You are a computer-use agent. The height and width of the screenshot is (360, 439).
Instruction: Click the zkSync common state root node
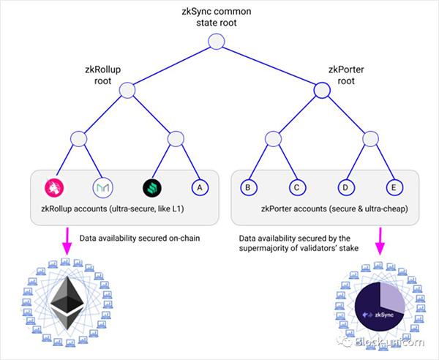[217, 42]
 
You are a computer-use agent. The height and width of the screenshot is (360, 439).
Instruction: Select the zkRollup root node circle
[127, 91]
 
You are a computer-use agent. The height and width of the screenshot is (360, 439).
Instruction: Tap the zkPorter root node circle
[322, 91]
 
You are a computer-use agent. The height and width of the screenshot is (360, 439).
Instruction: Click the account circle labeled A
[200, 187]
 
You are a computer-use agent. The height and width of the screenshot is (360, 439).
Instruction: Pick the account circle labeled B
[248, 187]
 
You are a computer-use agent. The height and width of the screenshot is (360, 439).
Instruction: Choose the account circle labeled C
[297, 187]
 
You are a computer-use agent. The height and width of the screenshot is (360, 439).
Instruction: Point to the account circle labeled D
[346, 187]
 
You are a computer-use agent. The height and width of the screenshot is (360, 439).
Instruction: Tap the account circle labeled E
[394, 187]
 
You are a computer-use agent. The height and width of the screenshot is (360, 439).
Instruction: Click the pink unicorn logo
[54, 187]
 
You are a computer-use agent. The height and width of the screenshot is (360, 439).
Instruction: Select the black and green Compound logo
[151, 187]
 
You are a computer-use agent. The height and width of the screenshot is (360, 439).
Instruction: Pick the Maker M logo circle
[102, 187]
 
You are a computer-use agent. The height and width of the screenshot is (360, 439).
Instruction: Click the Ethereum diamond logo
[67, 303]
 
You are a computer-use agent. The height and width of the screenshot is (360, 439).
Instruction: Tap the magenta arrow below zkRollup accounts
[67, 241]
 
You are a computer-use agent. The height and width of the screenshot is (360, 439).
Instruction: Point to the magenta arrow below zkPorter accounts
[380, 241]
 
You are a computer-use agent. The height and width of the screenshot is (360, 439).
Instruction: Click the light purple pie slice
[391, 297]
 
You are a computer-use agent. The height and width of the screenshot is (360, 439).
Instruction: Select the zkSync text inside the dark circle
[384, 315]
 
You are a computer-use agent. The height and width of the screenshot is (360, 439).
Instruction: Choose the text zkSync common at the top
[217, 12]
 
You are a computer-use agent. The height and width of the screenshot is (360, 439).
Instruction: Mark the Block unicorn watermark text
[390, 342]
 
